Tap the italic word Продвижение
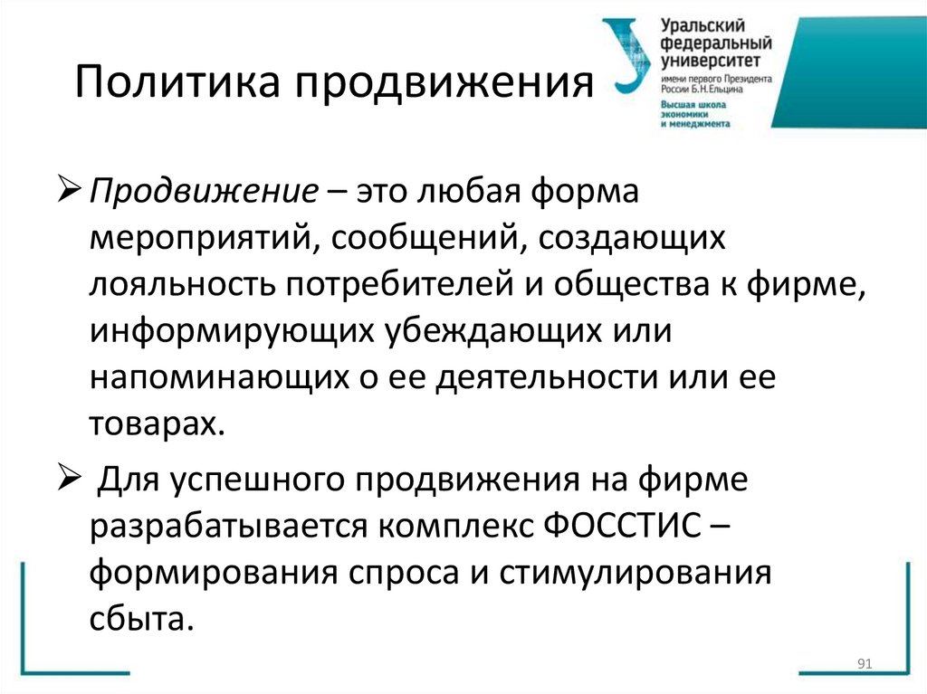click(x=200, y=192)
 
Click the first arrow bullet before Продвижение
click(x=73, y=191)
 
